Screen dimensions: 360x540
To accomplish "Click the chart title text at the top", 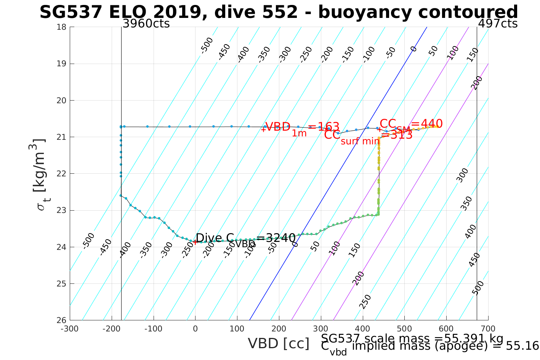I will (x=279, y=12).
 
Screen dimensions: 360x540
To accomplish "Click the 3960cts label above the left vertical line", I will (x=146, y=24).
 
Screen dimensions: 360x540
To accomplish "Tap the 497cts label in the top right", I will (x=497, y=24).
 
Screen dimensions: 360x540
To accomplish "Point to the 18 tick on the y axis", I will (x=62, y=27).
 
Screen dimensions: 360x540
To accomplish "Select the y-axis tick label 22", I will (x=62, y=174).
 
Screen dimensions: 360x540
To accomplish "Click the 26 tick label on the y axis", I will (x=62, y=320).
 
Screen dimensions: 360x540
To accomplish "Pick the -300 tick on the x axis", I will (x=70, y=329).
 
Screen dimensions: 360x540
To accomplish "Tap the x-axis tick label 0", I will (x=195, y=329).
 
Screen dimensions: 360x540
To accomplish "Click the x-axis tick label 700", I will (x=488, y=329).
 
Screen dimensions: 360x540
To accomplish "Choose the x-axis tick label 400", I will (x=362, y=329).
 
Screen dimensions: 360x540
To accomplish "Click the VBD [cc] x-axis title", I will (x=279, y=344).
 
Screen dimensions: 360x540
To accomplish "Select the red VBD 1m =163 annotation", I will (x=302, y=128).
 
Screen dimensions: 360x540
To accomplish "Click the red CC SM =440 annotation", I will (x=411, y=124).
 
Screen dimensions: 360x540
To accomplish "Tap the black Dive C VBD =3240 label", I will (x=245, y=239).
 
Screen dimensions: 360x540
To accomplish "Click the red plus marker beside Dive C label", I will (x=195, y=242).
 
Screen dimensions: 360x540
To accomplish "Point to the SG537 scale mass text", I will (x=412, y=339).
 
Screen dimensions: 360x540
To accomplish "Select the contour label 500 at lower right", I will (x=478, y=288).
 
